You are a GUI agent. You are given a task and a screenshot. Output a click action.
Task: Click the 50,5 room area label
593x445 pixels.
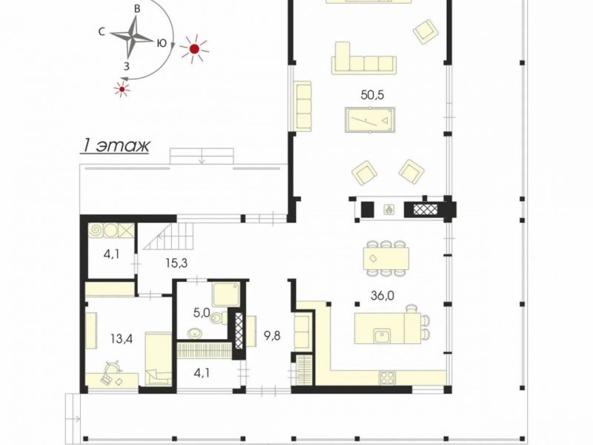click(372, 95)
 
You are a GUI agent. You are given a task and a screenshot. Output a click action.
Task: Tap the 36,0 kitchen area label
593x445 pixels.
click(382, 295)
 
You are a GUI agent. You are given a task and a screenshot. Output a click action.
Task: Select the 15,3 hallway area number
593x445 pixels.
click(176, 263)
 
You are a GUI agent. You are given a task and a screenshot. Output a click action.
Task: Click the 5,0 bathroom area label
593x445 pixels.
click(201, 313)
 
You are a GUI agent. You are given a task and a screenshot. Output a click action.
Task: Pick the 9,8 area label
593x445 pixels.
click(272, 336)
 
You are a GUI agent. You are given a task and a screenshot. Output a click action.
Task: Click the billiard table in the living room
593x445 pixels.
click(370, 120)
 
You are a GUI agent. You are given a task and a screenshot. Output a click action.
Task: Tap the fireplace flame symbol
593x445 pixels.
click(388, 209)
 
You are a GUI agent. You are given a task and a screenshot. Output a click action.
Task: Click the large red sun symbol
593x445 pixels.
click(194, 49)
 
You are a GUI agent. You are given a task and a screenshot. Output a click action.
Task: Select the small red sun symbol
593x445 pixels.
click(122, 89)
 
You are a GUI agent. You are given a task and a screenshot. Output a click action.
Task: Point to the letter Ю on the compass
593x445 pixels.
click(162, 43)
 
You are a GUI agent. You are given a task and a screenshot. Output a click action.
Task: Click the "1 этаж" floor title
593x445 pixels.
click(115, 146)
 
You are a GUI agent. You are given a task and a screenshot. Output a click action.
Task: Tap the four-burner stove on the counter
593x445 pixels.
click(387, 378)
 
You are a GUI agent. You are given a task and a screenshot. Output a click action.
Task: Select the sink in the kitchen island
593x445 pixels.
click(383, 336)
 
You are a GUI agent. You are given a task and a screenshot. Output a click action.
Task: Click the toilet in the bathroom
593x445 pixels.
click(219, 318)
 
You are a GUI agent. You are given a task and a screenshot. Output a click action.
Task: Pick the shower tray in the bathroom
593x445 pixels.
click(225, 294)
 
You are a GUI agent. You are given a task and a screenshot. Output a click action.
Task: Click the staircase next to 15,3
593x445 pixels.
click(169, 236)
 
